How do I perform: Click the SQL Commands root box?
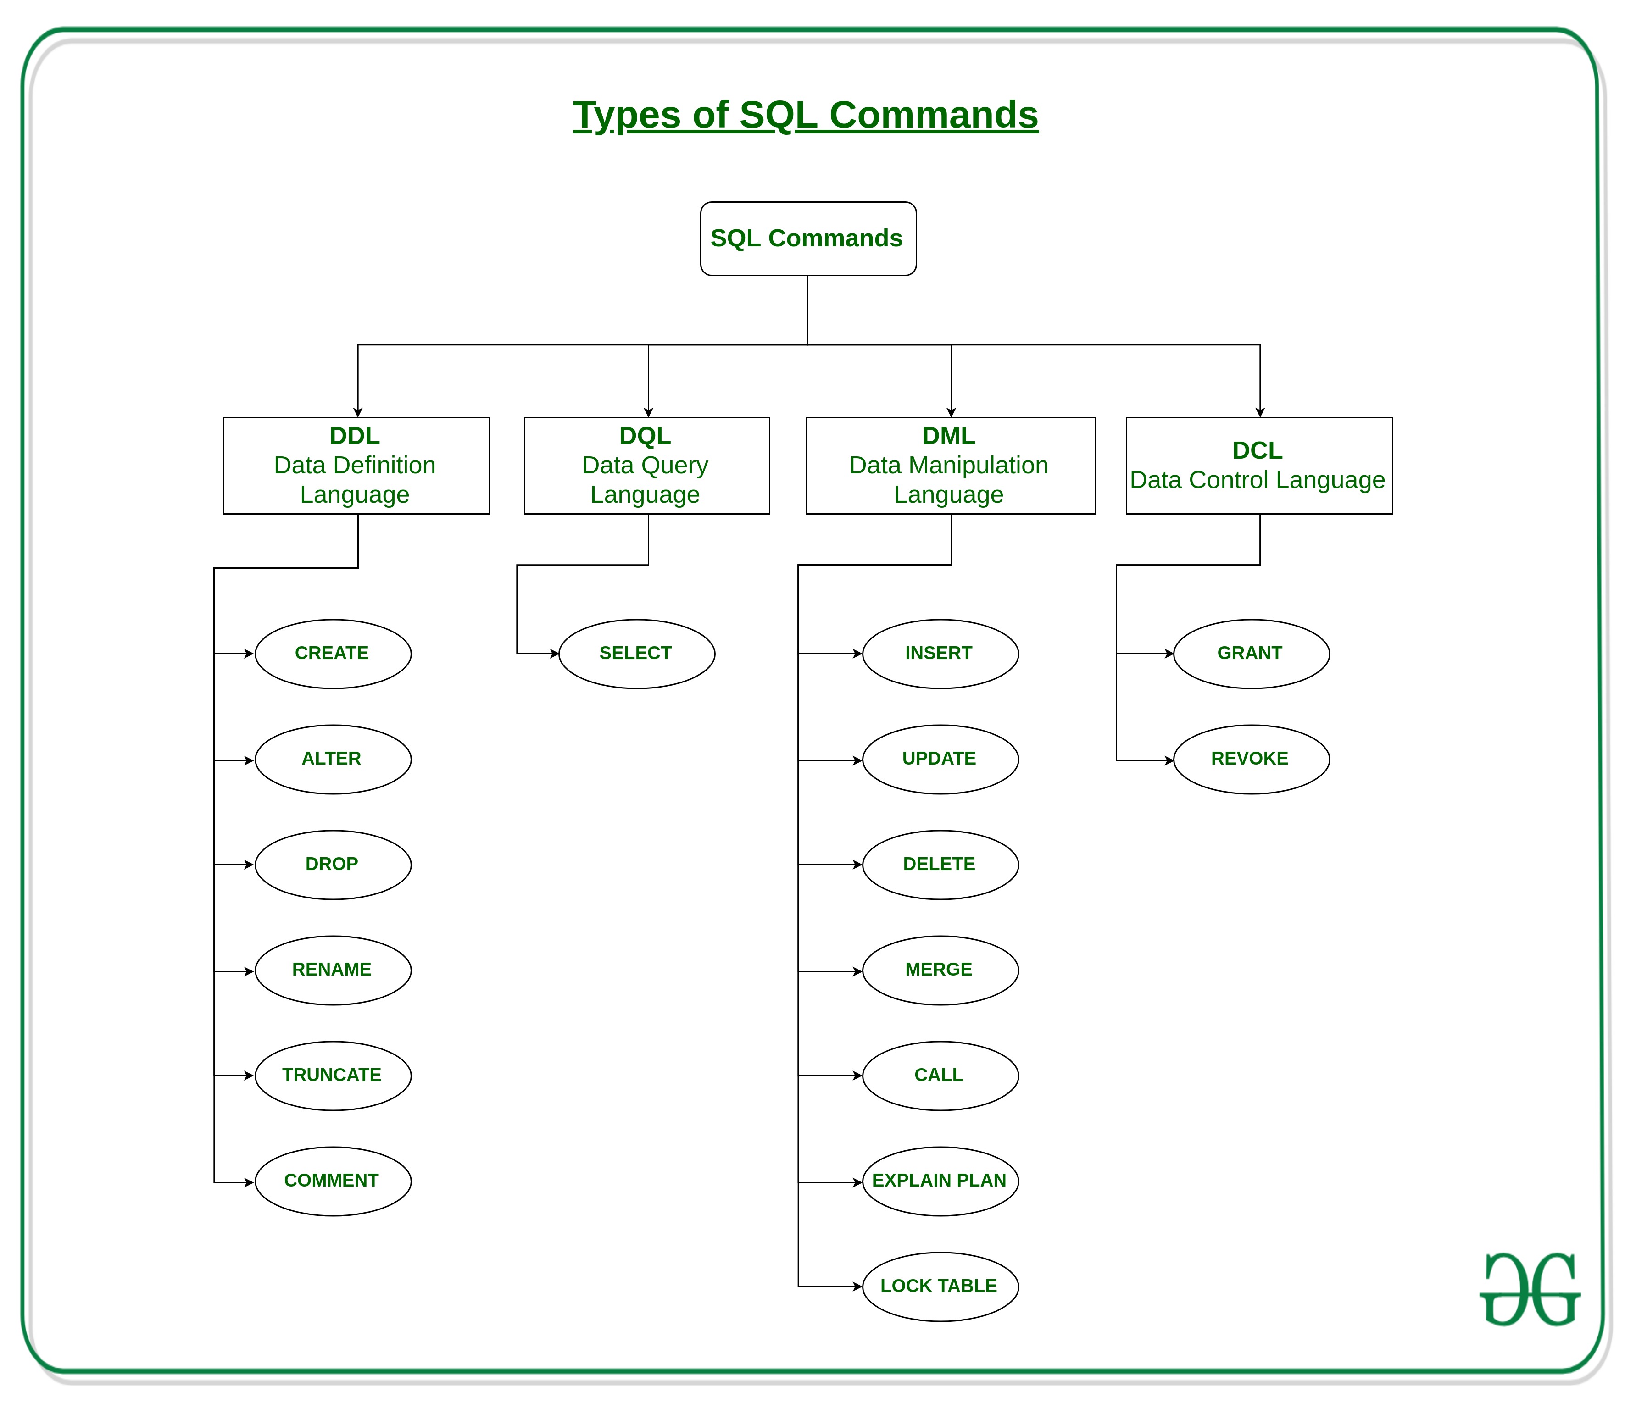(808, 238)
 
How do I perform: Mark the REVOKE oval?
(1251, 759)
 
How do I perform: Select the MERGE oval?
(940, 970)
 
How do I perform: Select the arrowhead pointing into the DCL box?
(1259, 412)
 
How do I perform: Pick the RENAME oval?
(333, 970)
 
